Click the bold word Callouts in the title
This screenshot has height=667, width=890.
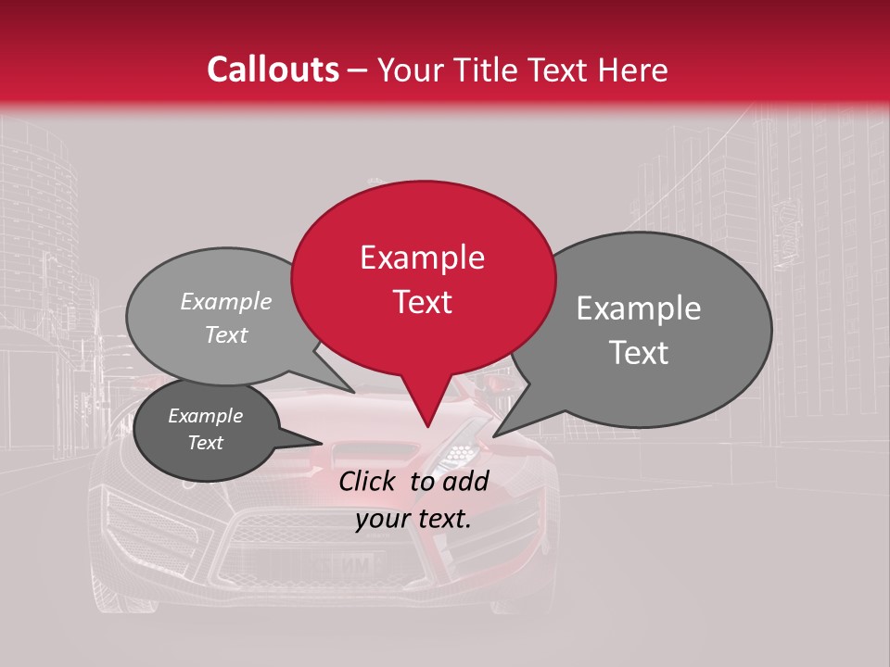(273, 69)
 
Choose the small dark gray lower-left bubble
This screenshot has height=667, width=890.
(206, 429)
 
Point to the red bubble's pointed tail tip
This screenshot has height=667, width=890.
(427, 427)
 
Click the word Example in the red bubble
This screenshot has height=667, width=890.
(422, 258)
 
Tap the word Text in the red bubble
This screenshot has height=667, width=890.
(422, 302)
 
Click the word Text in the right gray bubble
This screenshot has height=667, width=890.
(638, 353)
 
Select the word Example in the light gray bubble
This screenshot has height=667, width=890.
(226, 302)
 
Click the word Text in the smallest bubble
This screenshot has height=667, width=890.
(206, 443)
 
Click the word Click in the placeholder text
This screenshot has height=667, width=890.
(368, 481)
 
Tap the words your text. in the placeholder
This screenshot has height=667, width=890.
(413, 520)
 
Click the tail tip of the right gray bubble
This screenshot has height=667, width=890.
(494, 435)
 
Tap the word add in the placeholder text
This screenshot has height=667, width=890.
(466, 481)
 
